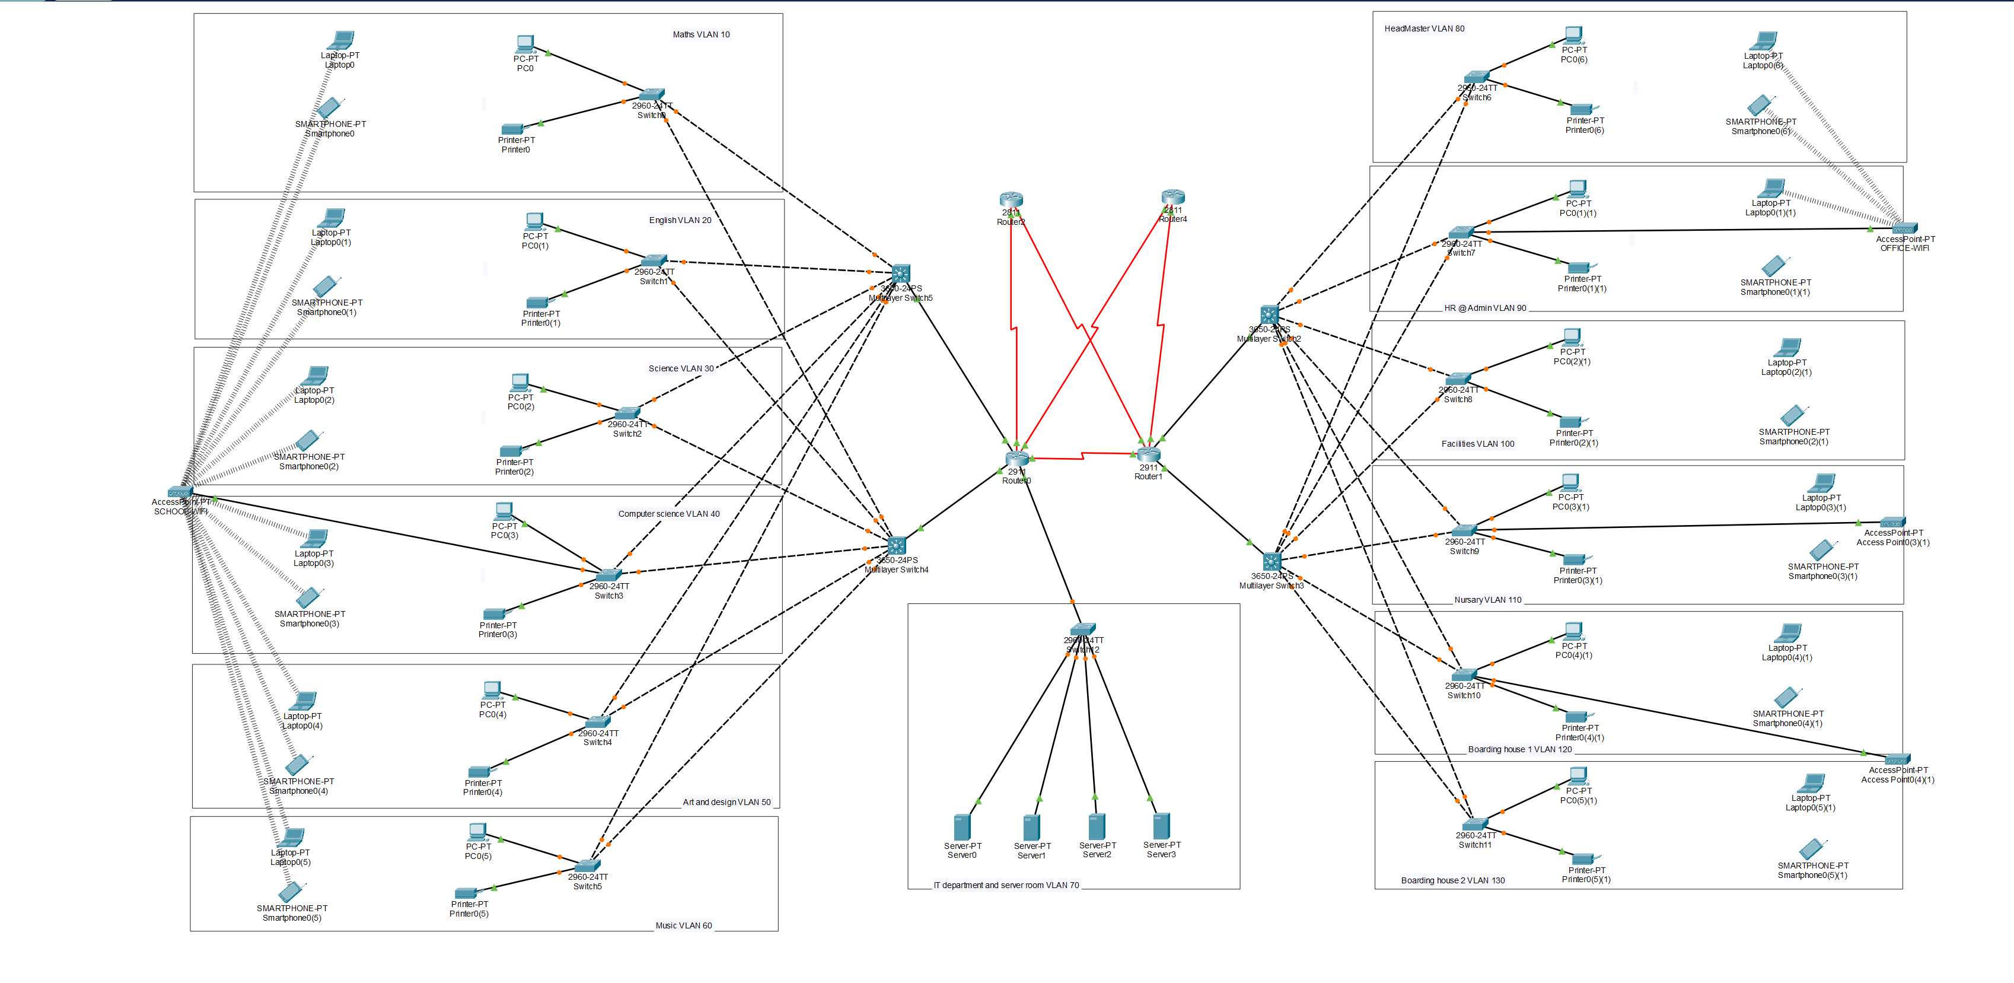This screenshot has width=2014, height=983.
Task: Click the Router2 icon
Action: point(1011,200)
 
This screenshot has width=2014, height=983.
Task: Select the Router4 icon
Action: point(1172,197)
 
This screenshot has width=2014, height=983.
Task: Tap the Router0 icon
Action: point(1016,459)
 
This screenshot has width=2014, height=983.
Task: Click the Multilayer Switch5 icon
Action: point(901,273)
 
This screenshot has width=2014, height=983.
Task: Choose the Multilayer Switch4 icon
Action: point(897,545)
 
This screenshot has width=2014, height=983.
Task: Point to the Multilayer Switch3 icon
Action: point(1272,561)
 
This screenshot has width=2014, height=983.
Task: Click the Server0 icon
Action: point(962,826)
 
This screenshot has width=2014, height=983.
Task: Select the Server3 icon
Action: point(1161,826)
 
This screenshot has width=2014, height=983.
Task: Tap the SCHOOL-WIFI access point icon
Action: point(180,492)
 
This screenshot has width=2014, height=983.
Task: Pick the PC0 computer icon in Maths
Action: point(525,44)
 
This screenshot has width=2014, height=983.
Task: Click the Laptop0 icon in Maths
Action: point(342,40)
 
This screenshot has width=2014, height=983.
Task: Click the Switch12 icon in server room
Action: point(1083,629)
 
